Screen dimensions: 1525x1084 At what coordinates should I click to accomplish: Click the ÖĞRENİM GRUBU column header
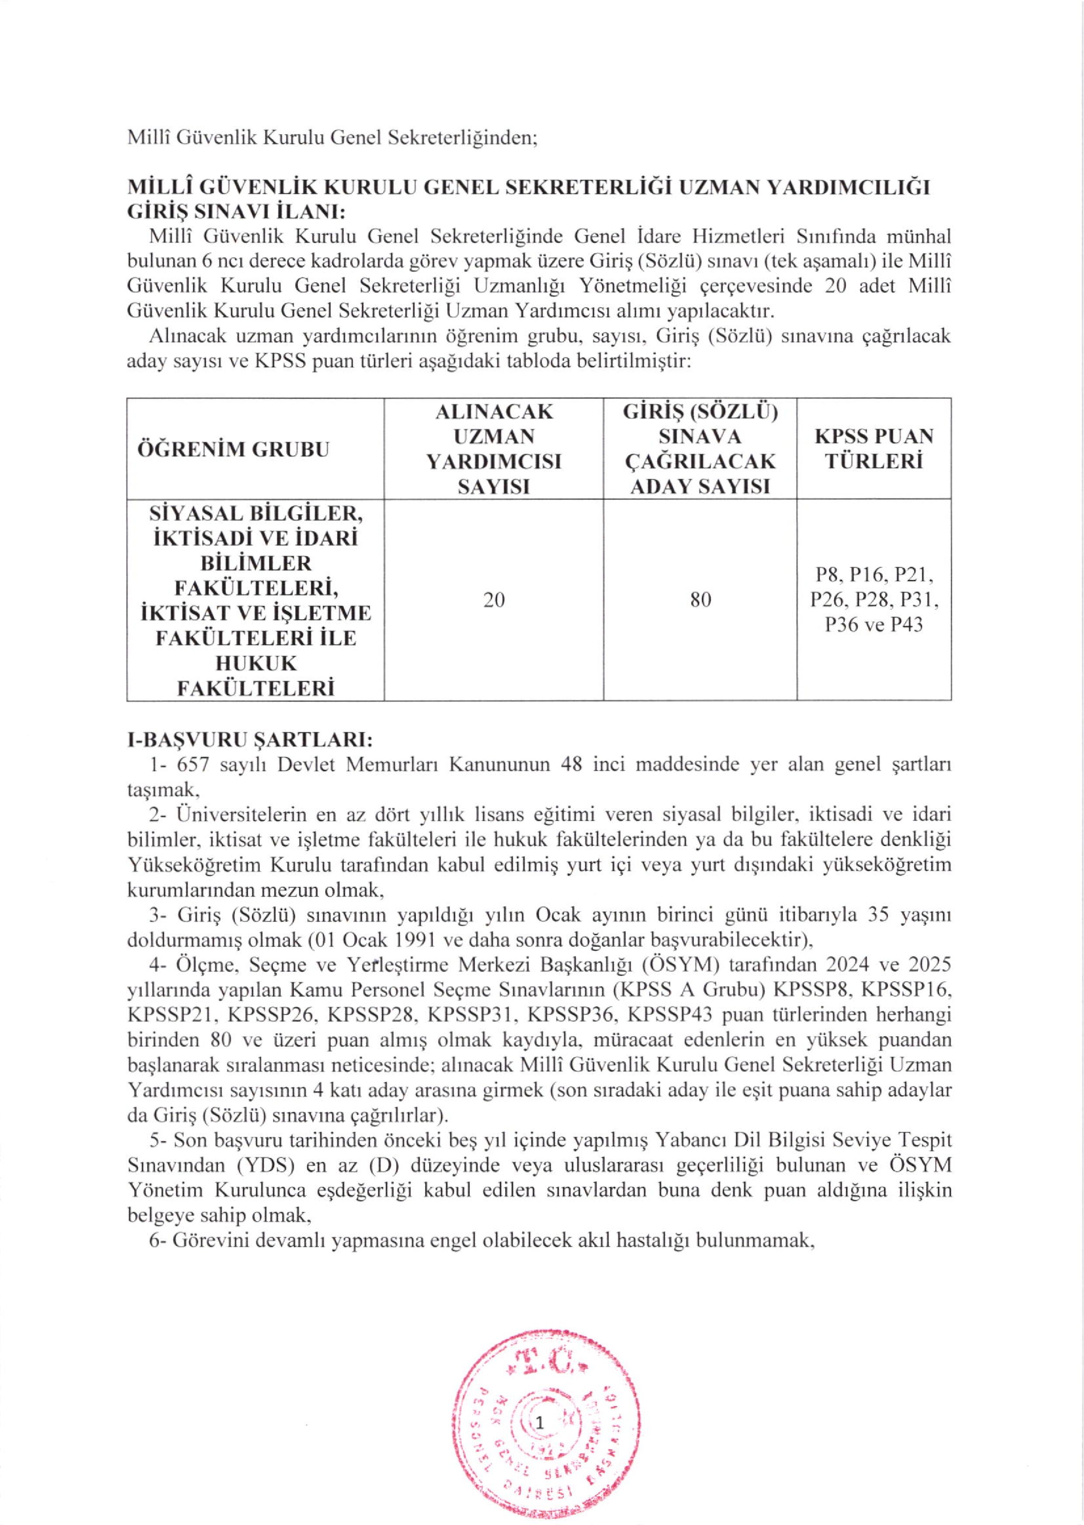click(x=233, y=448)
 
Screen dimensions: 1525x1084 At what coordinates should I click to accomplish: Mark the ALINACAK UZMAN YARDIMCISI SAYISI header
click(x=494, y=448)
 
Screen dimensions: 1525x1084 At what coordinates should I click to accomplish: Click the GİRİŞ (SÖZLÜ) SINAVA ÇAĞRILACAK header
click(x=700, y=448)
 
